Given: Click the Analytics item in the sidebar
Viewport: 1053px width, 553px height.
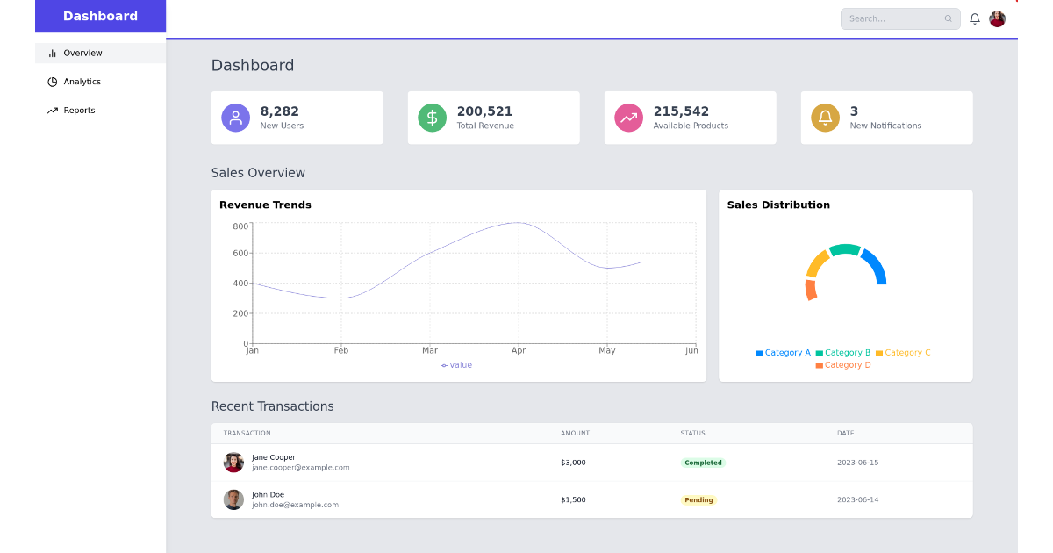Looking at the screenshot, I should coord(82,82).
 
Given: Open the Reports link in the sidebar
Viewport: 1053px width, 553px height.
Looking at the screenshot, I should coord(79,111).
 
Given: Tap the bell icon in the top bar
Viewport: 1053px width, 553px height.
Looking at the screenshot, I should coord(974,18).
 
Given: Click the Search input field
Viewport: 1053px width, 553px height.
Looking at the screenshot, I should coord(895,18).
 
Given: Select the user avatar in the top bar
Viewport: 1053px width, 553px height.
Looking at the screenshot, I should coord(997,18).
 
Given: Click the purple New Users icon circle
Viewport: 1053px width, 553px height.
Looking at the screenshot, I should coord(235,118).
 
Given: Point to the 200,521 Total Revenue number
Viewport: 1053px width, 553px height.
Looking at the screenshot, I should coord(484,111).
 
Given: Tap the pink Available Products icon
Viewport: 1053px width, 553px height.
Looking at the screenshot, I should coord(628,118).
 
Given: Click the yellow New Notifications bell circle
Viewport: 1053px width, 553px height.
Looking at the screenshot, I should coord(825,118).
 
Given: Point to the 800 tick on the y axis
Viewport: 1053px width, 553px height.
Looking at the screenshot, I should coord(240,226).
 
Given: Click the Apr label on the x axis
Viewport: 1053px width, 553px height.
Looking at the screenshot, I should coord(518,351).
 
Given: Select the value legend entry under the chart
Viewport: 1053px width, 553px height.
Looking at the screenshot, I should coord(456,365).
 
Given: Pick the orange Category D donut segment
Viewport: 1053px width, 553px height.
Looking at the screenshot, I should coord(811,290).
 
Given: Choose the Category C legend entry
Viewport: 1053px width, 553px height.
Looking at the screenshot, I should coord(903,353).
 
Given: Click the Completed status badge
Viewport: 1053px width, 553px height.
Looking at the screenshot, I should coord(703,463).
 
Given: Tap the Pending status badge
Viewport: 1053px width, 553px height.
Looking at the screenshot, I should coord(698,499).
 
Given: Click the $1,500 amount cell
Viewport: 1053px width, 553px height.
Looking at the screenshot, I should coord(573,499).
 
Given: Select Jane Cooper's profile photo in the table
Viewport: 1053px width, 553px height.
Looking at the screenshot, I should coord(233,463).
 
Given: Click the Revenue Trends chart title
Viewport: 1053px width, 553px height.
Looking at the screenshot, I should coord(265,205).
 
